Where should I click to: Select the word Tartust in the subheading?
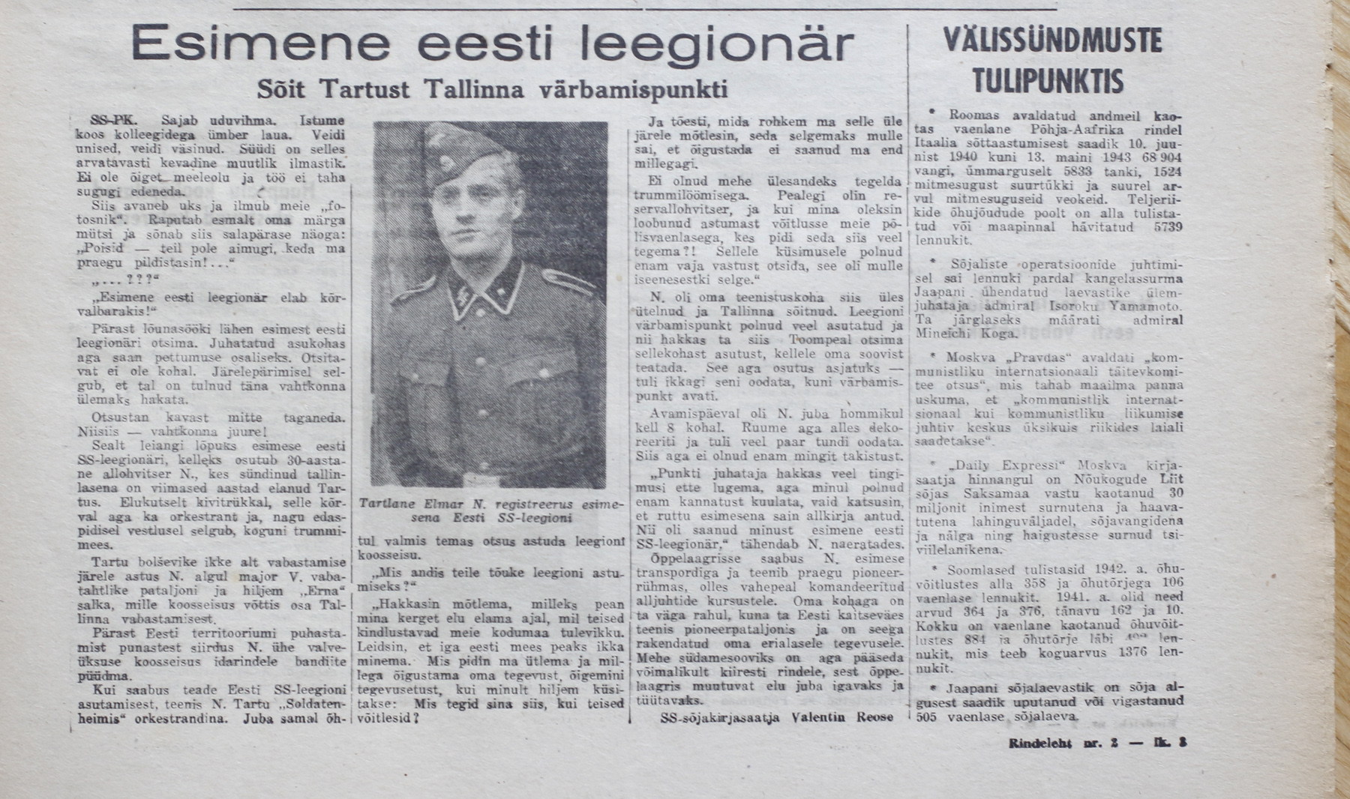[364, 89]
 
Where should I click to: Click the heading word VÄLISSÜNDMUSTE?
[1053, 41]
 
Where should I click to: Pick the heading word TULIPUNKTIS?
[1048, 79]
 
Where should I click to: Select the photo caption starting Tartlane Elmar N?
[491, 511]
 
